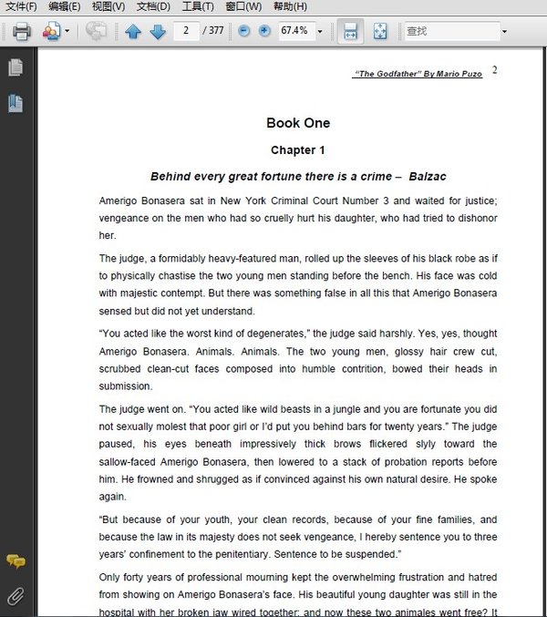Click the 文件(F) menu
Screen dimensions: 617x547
tap(21, 6)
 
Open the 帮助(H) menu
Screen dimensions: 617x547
tap(290, 6)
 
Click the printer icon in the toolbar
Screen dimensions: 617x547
tap(22, 31)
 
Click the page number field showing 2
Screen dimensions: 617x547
tap(186, 31)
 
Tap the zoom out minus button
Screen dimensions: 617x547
tap(243, 31)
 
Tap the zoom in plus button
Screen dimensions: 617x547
tap(264, 31)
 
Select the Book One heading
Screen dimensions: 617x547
tap(298, 123)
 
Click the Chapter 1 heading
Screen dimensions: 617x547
tap(298, 150)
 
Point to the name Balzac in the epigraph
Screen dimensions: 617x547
tap(428, 176)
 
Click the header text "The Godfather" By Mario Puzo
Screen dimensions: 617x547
tap(417, 74)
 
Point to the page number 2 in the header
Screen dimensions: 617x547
tap(494, 70)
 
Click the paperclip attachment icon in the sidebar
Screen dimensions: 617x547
tap(15, 596)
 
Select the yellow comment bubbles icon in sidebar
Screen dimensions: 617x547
tap(15, 561)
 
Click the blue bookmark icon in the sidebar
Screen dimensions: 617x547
tap(15, 103)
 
